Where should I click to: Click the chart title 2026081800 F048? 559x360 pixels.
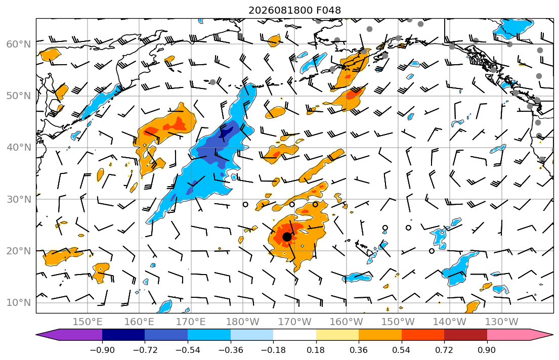294,10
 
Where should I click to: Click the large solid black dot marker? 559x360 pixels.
287,236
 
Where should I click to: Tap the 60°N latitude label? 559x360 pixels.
19,44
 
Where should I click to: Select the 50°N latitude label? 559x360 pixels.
19,96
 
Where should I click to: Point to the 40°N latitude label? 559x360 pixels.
19,148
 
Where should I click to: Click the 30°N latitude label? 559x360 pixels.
19,199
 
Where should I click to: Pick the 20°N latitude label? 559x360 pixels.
19,251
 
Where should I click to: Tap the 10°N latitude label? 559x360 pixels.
19,303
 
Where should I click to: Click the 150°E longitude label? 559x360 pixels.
88,322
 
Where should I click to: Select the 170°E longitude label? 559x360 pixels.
191,322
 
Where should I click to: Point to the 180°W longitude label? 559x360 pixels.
243,322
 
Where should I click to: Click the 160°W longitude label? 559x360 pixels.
346,322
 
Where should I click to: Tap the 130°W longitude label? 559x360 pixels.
502,322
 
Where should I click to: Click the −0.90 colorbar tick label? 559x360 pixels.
102,350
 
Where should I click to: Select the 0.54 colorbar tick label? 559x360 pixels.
402,350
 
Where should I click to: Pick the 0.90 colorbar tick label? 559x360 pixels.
487,350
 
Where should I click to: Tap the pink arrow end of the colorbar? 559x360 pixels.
517,335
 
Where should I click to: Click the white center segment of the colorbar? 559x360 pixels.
294,335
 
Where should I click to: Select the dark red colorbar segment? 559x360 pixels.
465,335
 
